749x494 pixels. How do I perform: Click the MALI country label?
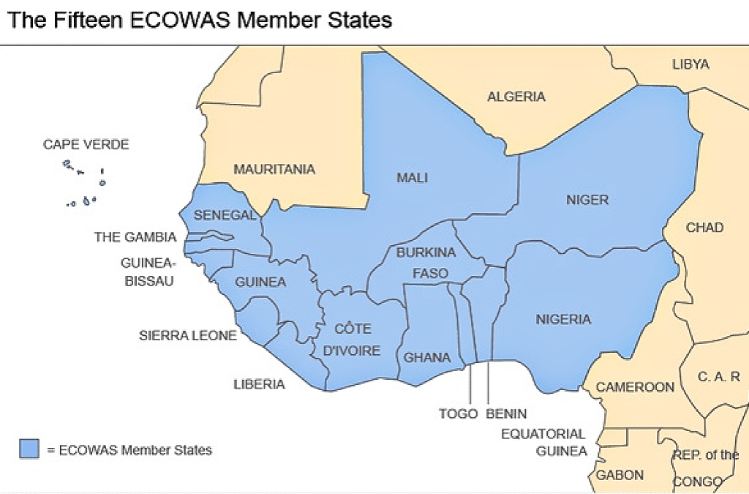pyautogui.click(x=412, y=178)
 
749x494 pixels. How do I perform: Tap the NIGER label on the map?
pyautogui.click(x=587, y=199)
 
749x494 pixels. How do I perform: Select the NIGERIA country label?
pyautogui.click(x=563, y=319)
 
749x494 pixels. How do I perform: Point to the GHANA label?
pyautogui.click(x=427, y=358)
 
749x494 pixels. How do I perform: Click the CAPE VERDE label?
pyautogui.click(x=86, y=144)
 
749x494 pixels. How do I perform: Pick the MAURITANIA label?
pyautogui.click(x=274, y=169)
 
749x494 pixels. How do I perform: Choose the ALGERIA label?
pyautogui.click(x=516, y=97)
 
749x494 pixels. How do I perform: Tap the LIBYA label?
pyautogui.click(x=690, y=64)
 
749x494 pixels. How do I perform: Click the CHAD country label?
pyautogui.click(x=704, y=228)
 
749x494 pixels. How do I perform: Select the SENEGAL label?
pyautogui.click(x=225, y=215)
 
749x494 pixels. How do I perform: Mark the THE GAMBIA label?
pyautogui.click(x=135, y=237)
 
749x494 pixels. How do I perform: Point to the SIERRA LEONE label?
pyautogui.click(x=188, y=336)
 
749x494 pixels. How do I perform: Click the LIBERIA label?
pyautogui.click(x=259, y=383)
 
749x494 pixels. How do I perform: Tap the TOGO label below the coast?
pyautogui.click(x=458, y=413)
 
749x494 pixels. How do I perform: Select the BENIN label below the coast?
pyautogui.click(x=506, y=413)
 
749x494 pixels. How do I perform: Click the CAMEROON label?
pyautogui.click(x=635, y=386)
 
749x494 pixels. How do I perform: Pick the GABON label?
pyautogui.click(x=620, y=475)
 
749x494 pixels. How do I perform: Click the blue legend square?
pyautogui.click(x=29, y=449)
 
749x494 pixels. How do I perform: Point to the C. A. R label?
pyautogui.click(x=718, y=377)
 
